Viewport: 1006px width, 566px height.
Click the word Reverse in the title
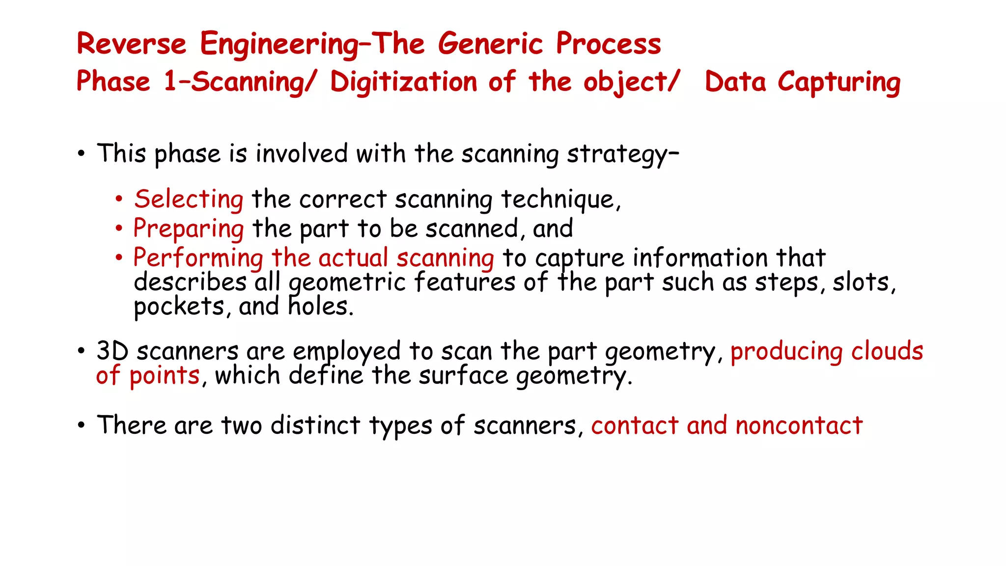coord(132,44)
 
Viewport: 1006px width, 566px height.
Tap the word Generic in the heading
coord(490,44)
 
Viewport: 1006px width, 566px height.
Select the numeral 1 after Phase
coord(170,82)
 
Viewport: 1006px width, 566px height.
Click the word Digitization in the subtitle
coord(403,82)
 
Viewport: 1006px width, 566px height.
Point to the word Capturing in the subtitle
coord(839,83)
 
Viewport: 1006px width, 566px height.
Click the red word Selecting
coord(189,199)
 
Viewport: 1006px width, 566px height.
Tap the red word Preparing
coord(189,229)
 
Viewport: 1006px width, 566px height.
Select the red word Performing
coord(198,258)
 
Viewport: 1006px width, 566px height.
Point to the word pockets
coord(179,307)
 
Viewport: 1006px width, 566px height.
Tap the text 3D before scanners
coord(112,351)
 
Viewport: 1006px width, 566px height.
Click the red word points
coord(165,376)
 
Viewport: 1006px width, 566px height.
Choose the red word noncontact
coord(799,425)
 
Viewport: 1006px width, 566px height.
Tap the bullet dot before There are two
coord(81,425)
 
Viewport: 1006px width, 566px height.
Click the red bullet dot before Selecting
coord(118,199)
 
